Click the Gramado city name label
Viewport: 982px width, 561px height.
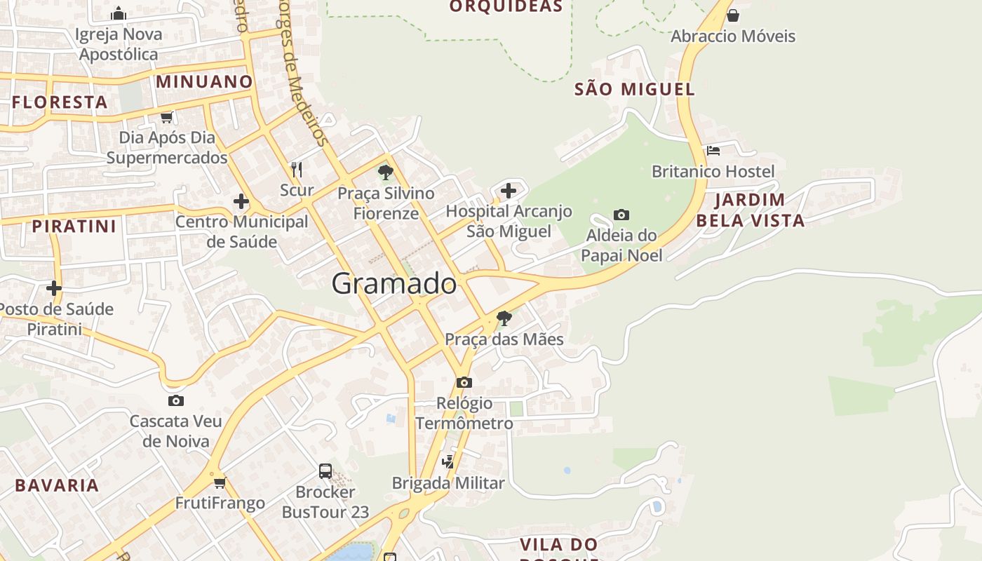point(394,284)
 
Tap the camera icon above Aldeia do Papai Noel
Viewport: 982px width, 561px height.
point(621,215)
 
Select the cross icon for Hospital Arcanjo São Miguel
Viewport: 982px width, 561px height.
point(509,190)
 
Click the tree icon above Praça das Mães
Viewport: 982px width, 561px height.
point(504,318)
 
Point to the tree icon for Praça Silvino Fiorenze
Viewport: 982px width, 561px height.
point(385,172)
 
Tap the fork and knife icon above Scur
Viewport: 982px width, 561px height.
point(297,169)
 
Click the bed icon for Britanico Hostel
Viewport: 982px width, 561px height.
point(713,150)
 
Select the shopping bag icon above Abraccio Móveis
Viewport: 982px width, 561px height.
point(733,15)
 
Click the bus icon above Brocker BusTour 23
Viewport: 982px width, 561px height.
point(325,471)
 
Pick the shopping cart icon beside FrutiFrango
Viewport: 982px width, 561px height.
point(220,482)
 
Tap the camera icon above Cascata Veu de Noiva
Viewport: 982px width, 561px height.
point(176,400)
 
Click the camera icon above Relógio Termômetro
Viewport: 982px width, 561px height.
point(464,382)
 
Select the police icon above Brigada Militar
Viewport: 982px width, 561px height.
point(448,461)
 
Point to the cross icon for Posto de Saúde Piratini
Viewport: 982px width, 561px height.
point(54,288)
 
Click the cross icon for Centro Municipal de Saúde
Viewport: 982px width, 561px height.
point(241,201)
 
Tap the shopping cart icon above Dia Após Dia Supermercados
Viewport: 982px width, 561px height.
point(166,117)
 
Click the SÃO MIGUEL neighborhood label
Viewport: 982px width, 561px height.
point(634,89)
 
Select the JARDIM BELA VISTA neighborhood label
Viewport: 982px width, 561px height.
point(750,210)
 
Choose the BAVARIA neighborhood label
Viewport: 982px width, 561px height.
point(57,485)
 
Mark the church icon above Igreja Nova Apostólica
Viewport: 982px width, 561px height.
point(119,13)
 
